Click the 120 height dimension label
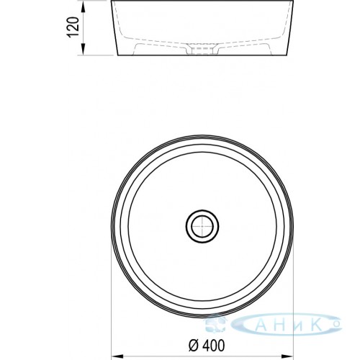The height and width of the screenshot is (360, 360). (x=73, y=27)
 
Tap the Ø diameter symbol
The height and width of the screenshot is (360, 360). (x=194, y=346)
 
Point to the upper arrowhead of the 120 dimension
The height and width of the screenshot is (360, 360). (x=83, y=6)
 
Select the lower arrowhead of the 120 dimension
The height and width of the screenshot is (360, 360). (x=83, y=50)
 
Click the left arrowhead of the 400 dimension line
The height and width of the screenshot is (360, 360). (x=117, y=356)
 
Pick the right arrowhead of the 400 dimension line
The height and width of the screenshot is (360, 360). (x=287, y=356)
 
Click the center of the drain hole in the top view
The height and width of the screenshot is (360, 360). (x=202, y=226)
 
